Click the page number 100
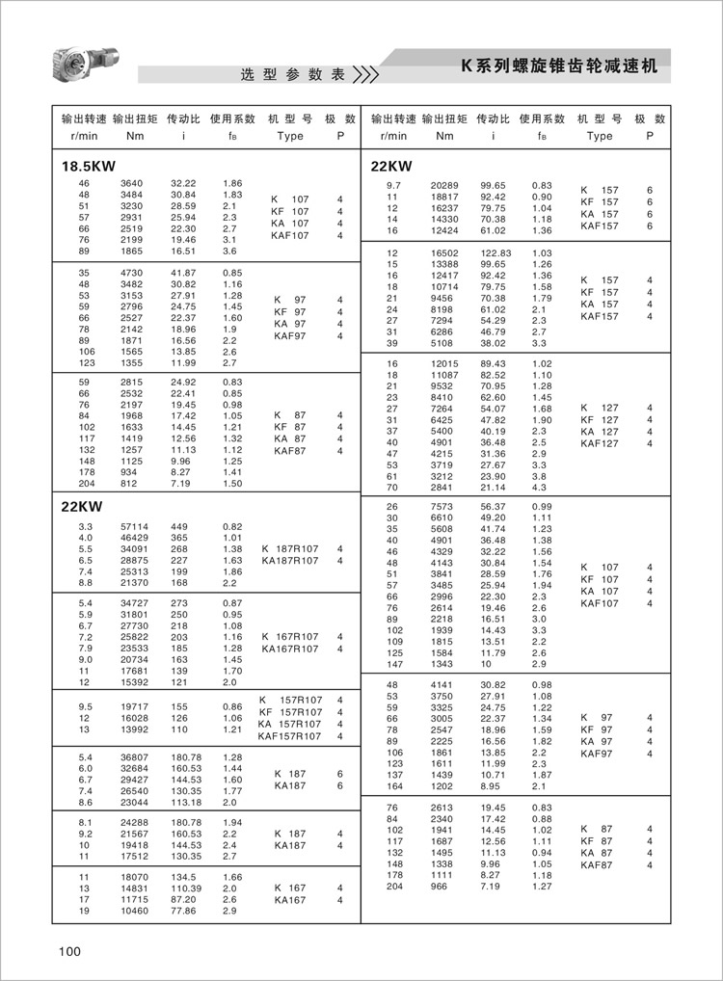(69, 951)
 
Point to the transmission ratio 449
(179, 526)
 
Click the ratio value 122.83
(494, 252)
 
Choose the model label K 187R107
(290, 549)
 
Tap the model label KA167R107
(290, 650)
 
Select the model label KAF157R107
(290, 736)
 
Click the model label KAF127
(600, 444)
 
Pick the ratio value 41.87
(183, 272)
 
